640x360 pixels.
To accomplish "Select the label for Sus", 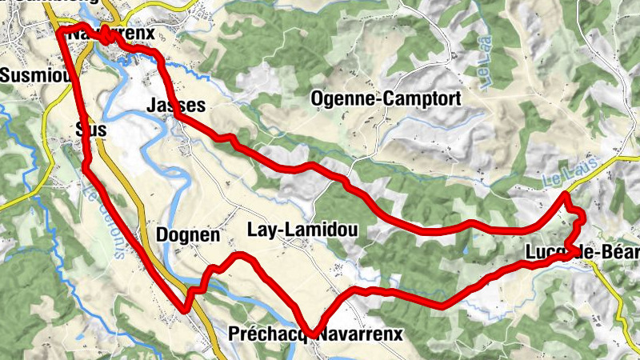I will [89, 129].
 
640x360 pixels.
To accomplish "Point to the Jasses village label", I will [177, 106].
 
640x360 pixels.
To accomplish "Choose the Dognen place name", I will [188, 235].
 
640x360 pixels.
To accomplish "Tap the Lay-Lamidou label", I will [306, 231].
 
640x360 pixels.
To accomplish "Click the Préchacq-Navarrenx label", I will [315, 334].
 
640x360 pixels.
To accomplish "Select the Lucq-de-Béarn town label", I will [582, 253].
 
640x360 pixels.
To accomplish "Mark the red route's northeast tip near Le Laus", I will [565, 194].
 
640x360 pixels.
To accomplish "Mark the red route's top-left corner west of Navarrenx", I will [61, 30].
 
